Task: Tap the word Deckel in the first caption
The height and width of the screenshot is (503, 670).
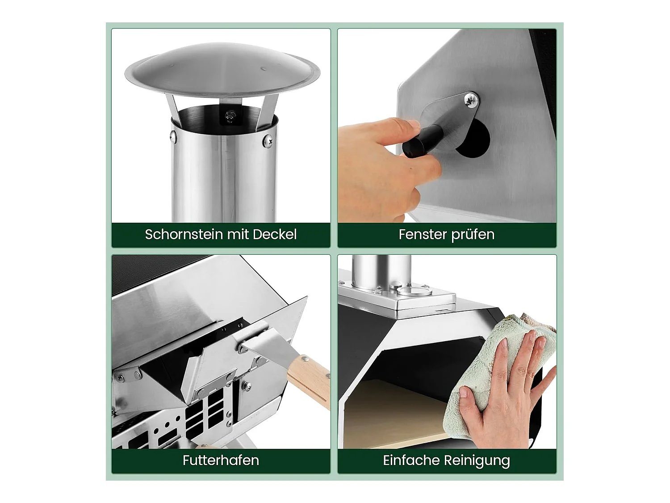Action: click(274, 234)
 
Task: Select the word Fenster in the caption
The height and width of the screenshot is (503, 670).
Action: click(419, 234)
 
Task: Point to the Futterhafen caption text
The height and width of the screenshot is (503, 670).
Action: click(221, 460)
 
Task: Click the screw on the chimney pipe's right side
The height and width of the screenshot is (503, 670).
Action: click(268, 141)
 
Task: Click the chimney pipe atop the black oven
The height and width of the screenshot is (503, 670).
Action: click(381, 271)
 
